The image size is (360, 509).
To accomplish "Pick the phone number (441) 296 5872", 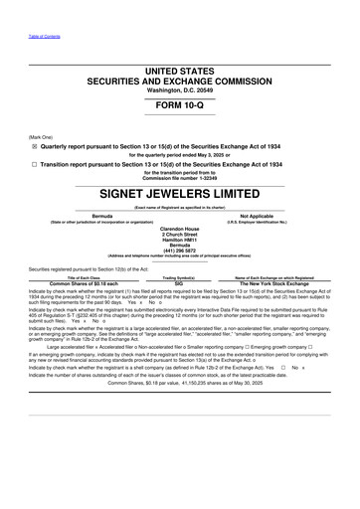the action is [179, 249].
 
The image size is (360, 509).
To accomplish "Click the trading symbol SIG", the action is [179, 283].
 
